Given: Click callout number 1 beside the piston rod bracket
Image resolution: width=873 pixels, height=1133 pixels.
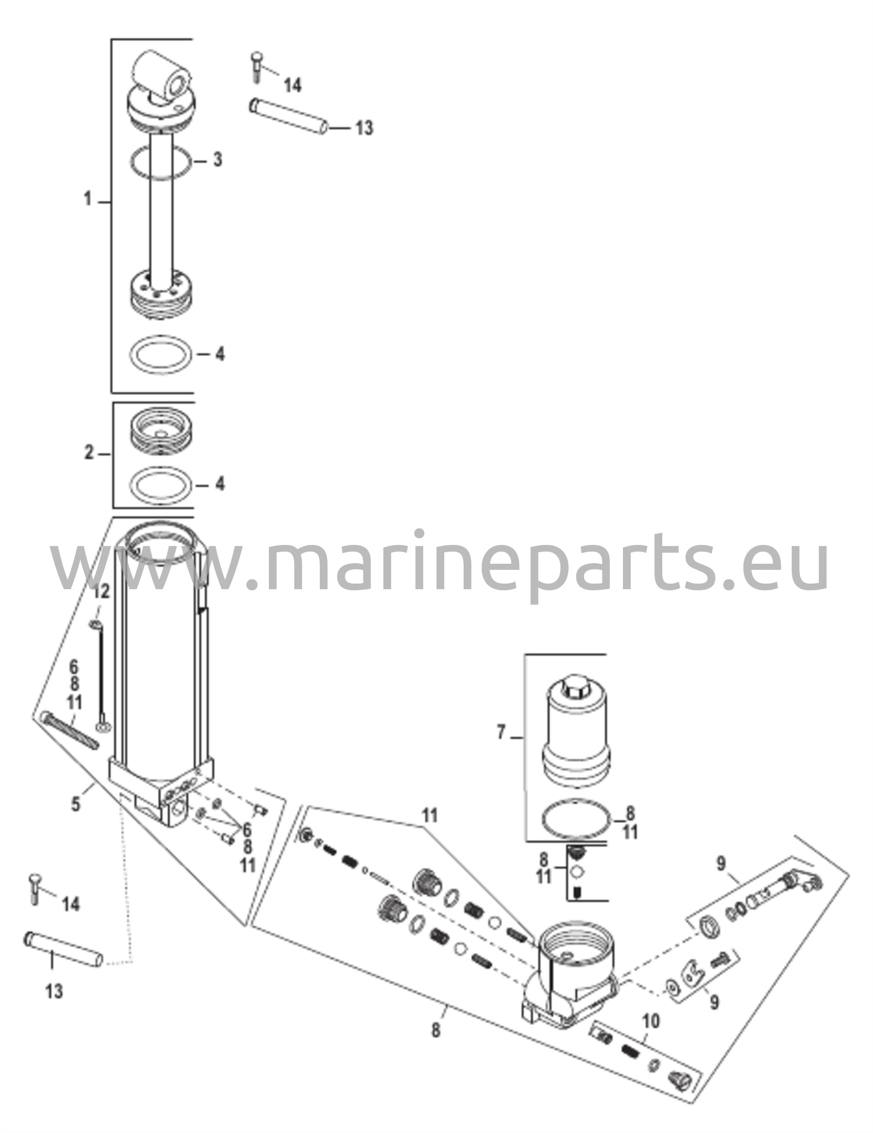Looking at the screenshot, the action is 87,199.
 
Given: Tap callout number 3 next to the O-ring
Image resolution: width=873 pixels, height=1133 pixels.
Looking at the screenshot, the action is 217,160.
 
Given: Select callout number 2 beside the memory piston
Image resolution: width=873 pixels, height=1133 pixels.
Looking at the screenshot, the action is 89,453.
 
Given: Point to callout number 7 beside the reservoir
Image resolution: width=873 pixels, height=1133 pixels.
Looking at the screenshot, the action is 501,733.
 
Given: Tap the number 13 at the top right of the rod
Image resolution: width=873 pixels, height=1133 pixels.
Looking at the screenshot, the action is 364,128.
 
